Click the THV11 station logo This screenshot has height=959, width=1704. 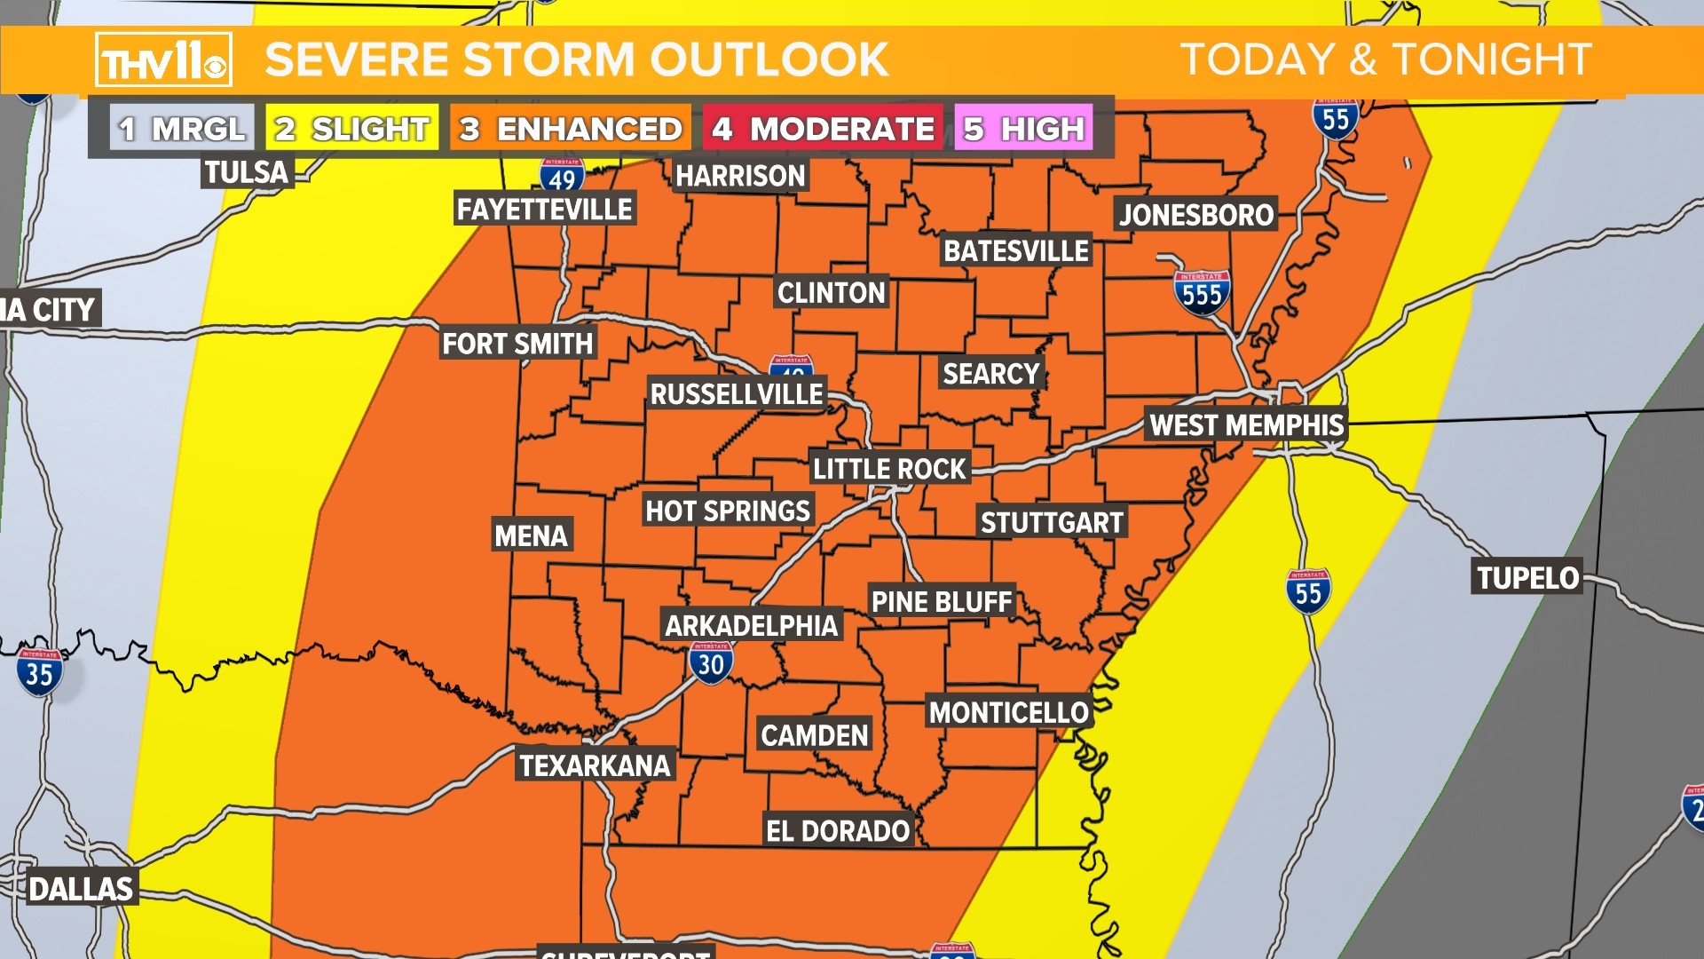(163, 60)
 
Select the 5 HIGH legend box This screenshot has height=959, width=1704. (1023, 129)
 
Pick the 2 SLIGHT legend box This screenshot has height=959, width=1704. (351, 129)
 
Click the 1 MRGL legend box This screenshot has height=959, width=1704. (182, 129)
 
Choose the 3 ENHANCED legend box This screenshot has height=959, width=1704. (571, 129)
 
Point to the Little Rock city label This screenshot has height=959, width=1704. (889, 468)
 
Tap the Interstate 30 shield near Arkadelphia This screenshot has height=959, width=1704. (711, 663)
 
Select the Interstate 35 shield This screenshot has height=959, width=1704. (39, 673)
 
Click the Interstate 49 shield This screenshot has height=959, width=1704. (562, 177)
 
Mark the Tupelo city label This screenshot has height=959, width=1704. (1527, 577)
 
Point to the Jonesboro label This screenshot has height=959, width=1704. (1195, 214)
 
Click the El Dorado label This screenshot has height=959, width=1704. (838, 830)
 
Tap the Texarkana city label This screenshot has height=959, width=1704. (595, 765)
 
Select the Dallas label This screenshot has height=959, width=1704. (81, 888)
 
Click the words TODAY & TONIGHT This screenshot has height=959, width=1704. (1385, 60)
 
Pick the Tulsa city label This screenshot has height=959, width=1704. (247, 171)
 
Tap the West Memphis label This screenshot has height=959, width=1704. (1246, 424)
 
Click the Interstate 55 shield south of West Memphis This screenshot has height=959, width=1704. (1308, 591)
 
